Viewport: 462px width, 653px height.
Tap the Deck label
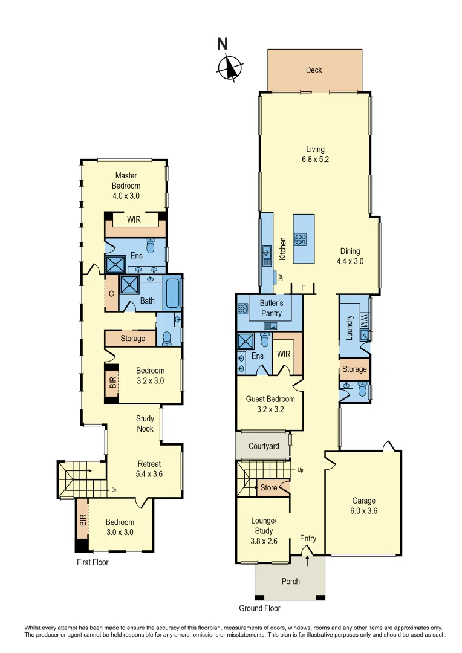[x=314, y=70]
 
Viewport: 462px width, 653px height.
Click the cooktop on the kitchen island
[x=301, y=239]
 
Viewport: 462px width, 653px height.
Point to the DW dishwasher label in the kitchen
[x=281, y=278]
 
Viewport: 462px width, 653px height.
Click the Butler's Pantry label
[x=272, y=308]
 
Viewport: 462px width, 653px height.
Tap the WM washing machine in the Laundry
[x=364, y=318]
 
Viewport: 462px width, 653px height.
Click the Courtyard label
[x=264, y=446]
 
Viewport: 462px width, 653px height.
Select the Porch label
[x=291, y=581]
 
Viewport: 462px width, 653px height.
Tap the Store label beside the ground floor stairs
[x=268, y=487]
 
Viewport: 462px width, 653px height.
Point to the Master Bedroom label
[x=126, y=186]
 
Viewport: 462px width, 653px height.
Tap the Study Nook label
[x=145, y=423]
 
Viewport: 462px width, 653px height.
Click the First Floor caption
[x=93, y=562]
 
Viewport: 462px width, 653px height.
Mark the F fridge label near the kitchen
[x=303, y=288]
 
